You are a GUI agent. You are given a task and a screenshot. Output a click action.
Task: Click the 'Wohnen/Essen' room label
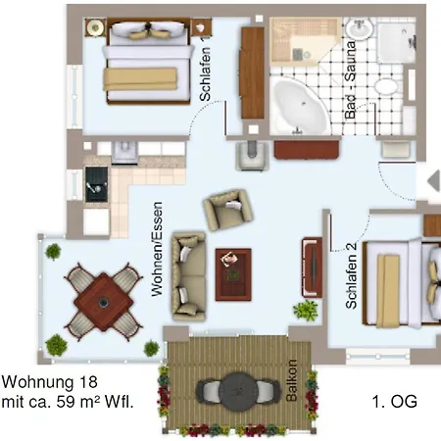tap(157, 249)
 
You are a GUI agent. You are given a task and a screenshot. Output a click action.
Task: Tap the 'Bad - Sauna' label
tap(350, 79)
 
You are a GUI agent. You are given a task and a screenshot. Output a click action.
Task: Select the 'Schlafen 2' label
tap(351, 275)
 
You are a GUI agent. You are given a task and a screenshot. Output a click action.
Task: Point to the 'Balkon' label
tap(291, 380)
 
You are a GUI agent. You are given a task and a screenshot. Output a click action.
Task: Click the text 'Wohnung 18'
tap(50, 382)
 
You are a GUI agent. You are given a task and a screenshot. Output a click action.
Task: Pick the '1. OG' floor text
tap(395, 402)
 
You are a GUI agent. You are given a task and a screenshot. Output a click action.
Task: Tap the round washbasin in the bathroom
tap(360, 28)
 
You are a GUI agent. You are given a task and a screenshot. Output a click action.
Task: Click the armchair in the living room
tap(228, 210)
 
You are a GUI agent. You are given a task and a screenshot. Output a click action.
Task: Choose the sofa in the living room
tap(188, 276)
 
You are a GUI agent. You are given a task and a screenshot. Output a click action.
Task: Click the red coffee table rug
tap(233, 274)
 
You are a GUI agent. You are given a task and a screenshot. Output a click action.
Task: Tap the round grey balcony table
tap(238, 391)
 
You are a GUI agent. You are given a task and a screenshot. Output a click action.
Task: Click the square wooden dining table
tap(104, 302)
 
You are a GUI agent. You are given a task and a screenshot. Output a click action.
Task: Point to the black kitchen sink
tap(96, 184)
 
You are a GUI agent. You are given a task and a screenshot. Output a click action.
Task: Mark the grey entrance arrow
tap(434, 180)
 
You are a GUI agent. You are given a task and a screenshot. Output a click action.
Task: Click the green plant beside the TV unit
tap(306, 310)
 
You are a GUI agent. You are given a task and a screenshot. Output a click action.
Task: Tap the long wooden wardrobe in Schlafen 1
tap(252, 73)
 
